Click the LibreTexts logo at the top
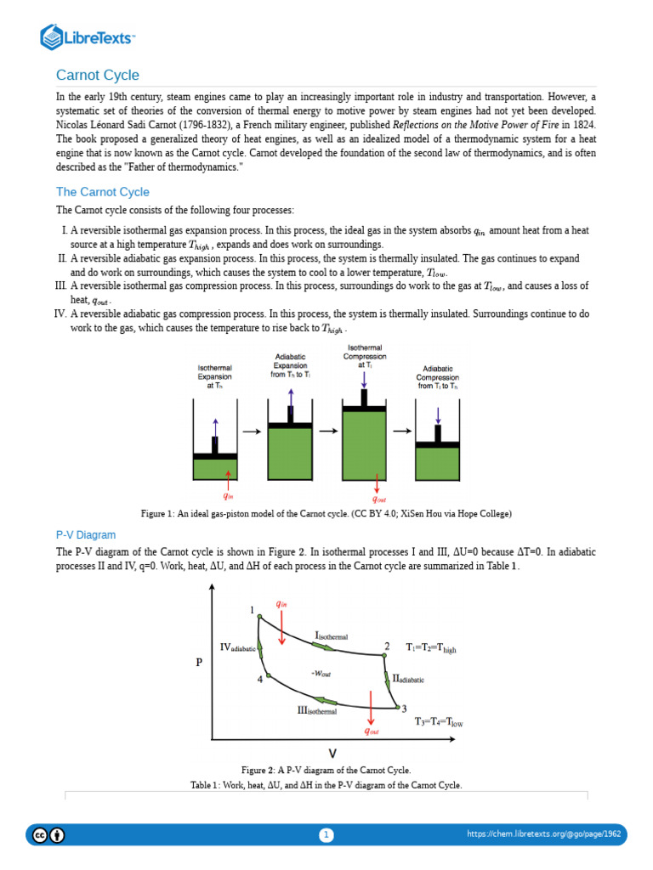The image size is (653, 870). [88, 37]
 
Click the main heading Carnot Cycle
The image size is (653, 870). [98, 75]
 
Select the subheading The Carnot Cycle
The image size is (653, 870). [103, 192]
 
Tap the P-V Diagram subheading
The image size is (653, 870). [86, 534]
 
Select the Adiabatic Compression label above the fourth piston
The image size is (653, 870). [437, 378]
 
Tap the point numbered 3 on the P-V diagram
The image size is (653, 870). [398, 707]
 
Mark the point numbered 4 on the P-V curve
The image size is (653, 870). [268, 676]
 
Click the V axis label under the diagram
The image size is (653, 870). [332, 753]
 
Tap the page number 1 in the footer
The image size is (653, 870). [326, 835]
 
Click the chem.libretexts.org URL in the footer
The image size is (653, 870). [544, 834]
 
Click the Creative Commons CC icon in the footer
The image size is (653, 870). [41, 835]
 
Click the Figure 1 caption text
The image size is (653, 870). [326, 514]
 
